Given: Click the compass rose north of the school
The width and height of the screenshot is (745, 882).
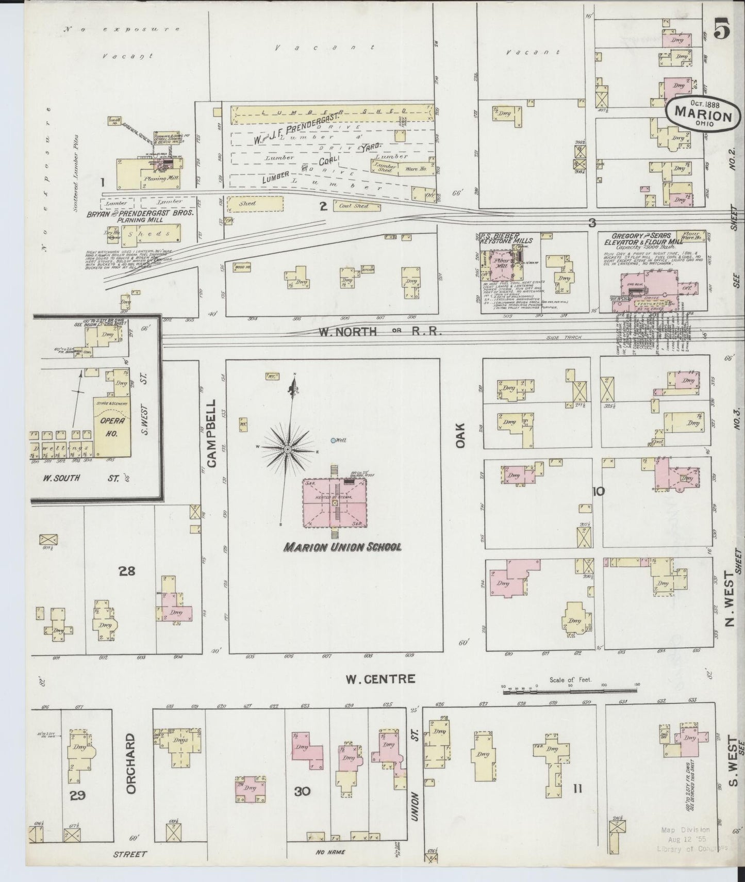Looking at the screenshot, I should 287,449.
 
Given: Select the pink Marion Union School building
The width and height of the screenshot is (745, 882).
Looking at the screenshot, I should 334,503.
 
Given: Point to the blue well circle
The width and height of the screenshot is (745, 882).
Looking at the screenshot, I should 334,440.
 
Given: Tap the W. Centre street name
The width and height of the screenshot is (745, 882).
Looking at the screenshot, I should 379,678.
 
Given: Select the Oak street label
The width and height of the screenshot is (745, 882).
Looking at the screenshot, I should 460,435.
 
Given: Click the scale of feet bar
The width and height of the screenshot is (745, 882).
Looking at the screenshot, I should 570,688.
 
